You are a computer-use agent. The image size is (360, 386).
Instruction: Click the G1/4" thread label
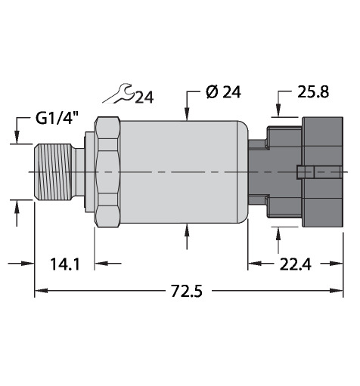click(x=57, y=119)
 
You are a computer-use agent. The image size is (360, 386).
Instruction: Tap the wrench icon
click(x=119, y=94)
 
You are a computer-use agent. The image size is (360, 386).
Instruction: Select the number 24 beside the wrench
click(x=144, y=97)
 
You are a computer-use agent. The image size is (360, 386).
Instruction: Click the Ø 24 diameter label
click(x=223, y=91)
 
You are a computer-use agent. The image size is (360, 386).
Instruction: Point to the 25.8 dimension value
click(x=313, y=91)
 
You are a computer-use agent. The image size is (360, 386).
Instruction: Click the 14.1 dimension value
click(x=65, y=264)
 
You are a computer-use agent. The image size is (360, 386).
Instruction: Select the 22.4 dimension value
click(x=296, y=264)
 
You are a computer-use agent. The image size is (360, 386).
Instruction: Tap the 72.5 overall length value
click(x=187, y=291)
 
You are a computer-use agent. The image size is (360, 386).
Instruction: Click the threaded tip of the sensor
click(x=52, y=172)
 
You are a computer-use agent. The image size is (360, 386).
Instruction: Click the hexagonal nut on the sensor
click(x=107, y=172)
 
